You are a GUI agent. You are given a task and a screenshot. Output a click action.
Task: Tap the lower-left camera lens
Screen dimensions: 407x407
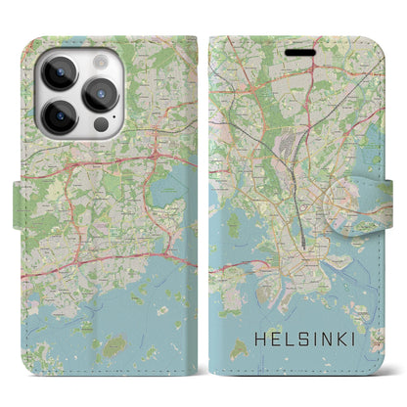coord(58,117)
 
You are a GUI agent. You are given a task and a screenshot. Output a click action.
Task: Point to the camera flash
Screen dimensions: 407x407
coord(94,60)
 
